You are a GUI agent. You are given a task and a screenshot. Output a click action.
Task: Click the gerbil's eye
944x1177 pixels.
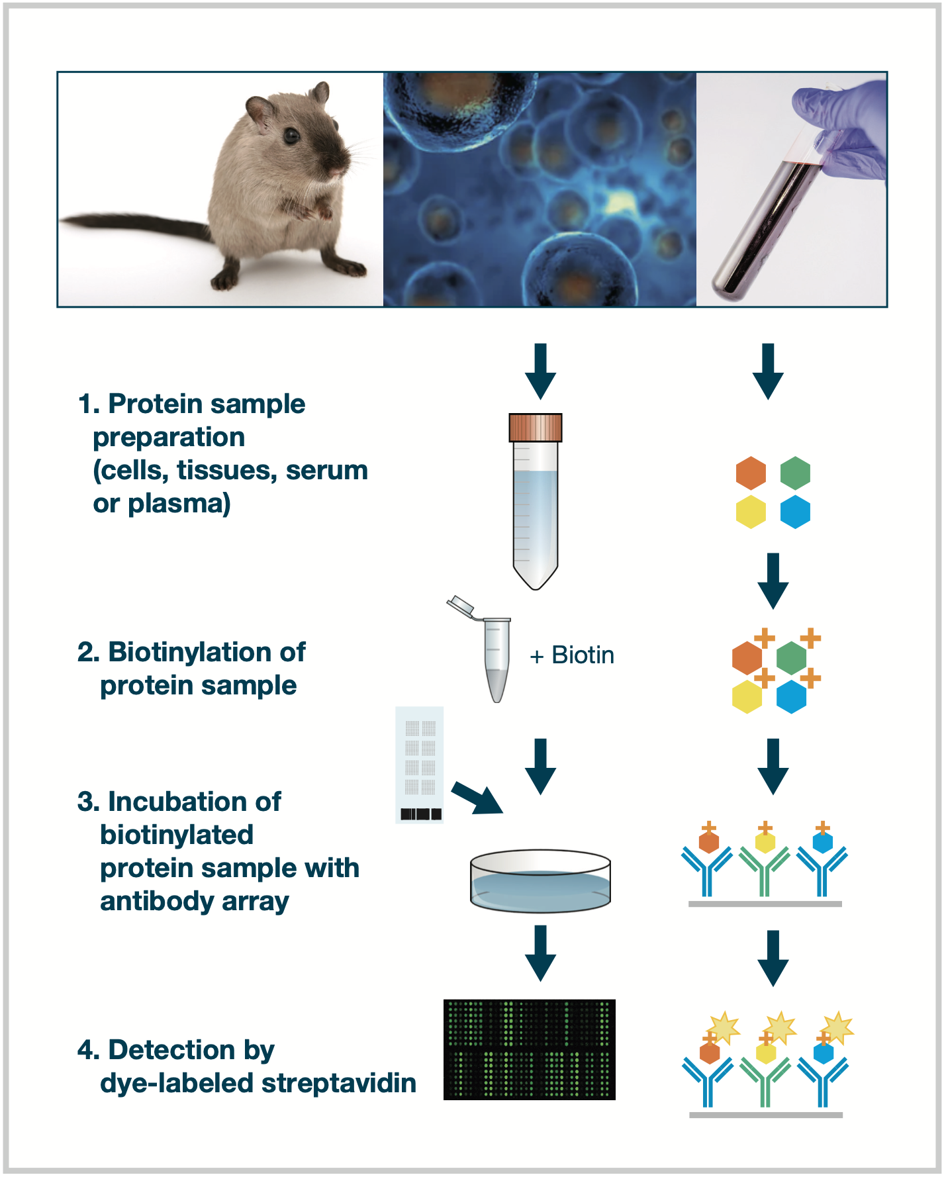click(291, 136)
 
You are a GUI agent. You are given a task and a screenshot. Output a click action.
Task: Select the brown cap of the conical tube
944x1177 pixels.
click(536, 428)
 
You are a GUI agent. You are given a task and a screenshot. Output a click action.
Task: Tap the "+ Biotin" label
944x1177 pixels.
click(572, 655)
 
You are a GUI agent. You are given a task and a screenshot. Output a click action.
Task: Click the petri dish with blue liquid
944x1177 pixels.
click(540, 881)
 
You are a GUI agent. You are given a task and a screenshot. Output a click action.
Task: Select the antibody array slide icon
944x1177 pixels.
click(420, 765)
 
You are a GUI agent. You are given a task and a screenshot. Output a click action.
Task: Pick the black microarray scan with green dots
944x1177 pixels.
click(530, 1050)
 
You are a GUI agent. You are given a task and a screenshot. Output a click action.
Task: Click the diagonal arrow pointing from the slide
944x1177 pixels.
click(477, 798)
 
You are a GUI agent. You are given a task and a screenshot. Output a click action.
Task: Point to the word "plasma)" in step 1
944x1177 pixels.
click(179, 504)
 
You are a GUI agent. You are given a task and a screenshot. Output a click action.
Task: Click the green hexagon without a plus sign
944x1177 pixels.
click(795, 473)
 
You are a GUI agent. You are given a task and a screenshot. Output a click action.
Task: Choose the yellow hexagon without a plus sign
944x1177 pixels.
click(751, 512)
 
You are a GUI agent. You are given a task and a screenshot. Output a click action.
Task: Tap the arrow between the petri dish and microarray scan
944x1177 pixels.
click(541, 953)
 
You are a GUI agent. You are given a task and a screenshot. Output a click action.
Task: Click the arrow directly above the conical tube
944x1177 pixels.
click(541, 371)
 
